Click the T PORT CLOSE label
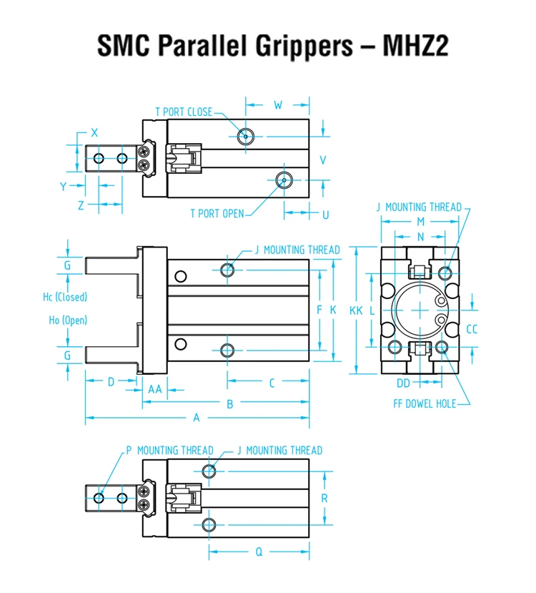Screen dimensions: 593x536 click(x=184, y=112)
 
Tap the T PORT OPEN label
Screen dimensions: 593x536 click(x=217, y=213)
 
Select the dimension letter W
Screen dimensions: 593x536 click(x=278, y=105)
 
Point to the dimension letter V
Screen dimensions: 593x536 click(x=322, y=160)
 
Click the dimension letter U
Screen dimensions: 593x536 click(x=325, y=214)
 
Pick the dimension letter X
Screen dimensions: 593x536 click(x=94, y=132)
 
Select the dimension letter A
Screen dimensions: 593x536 click(x=196, y=417)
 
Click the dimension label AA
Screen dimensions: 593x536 click(x=154, y=389)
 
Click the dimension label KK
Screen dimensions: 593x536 click(x=356, y=310)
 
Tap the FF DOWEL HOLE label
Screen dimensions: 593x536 click(x=425, y=403)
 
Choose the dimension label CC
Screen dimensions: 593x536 click(x=472, y=329)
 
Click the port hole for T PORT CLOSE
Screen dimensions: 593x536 click(x=245, y=135)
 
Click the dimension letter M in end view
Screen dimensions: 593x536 click(x=420, y=222)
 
